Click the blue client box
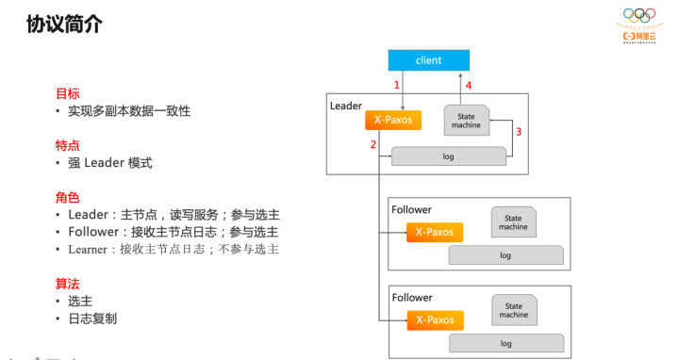tap(428, 60)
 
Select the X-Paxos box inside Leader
tap(392, 120)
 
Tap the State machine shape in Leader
tap(468, 120)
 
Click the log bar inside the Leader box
tap(448, 156)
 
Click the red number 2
tap(373, 144)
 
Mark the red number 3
tap(518, 131)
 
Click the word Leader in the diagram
tap(346, 106)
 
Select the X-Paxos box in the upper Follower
tap(435, 232)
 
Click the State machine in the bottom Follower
tap(514, 310)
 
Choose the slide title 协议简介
tap(64, 24)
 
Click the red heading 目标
tap(68, 93)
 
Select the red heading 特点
tap(68, 145)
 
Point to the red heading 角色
tap(68, 197)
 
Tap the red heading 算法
tap(68, 283)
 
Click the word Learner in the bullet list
tap(89, 250)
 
